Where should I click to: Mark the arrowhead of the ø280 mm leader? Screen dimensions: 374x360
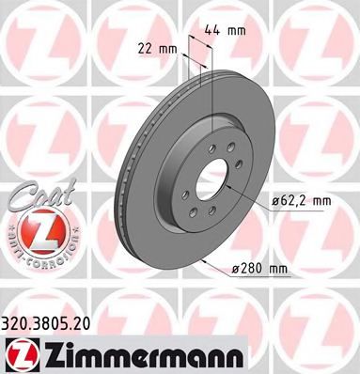(x=204, y=257)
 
